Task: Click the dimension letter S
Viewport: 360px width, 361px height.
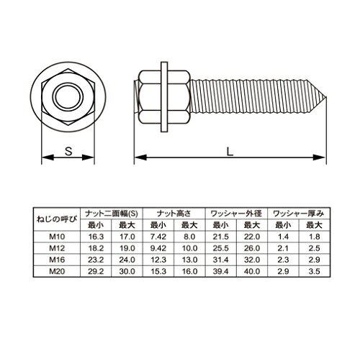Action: point(68,151)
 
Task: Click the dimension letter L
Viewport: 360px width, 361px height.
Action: point(230,152)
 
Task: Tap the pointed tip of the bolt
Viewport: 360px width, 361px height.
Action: point(326,97)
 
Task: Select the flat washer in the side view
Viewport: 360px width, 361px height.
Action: point(164,97)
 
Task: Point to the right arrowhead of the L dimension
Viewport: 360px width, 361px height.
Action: point(319,157)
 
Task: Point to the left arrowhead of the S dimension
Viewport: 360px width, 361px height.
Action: point(48,157)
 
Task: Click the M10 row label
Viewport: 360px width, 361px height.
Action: point(57,237)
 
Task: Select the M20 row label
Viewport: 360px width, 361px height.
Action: point(57,271)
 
